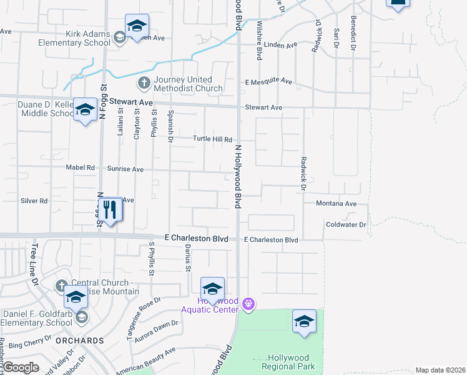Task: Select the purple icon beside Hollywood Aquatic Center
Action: (x=248, y=304)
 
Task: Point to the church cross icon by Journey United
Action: (x=144, y=82)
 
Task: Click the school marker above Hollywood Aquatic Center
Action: (x=212, y=288)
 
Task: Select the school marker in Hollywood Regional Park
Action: (x=304, y=321)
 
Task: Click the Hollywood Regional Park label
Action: (x=289, y=362)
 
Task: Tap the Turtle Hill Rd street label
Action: (x=212, y=139)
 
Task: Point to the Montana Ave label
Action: (x=335, y=204)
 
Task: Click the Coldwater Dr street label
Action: (x=345, y=224)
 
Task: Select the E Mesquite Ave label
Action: (x=268, y=82)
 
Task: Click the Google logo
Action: (x=21, y=368)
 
